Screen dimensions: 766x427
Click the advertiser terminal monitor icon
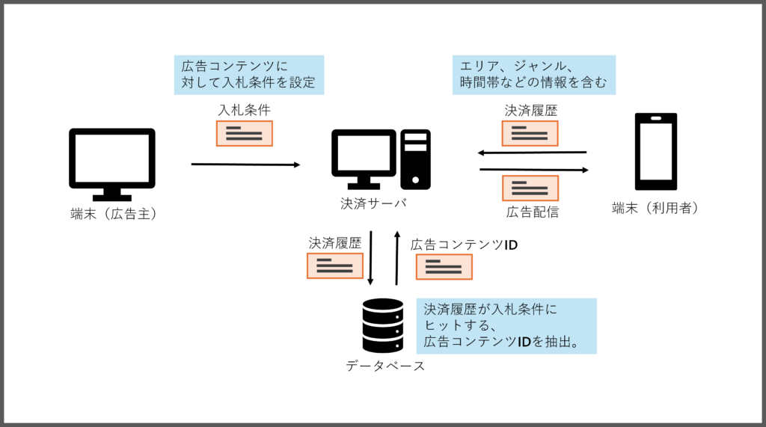click(x=112, y=165)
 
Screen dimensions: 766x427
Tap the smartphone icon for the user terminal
click(x=655, y=152)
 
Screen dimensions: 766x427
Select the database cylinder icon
click(x=383, y=325)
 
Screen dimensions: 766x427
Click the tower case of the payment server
click(x=415, y=159)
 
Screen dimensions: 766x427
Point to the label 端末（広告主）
click(x=114, y=214)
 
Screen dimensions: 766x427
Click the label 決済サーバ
click(x=374, y=203)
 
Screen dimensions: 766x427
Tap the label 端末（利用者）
click(x=655, y=208)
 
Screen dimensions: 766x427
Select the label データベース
click(x=385, y=366)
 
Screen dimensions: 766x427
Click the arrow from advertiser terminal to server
click(x=245, y=165)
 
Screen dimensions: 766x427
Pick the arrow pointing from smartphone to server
click(x=532, y=153)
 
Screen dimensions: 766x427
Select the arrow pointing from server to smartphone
click(x=534, y=170)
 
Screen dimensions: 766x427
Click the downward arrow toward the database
click(x=370, y=257)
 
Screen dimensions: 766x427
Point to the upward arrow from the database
click(x=396, y=257)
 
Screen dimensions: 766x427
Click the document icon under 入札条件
click(x=245, y=133)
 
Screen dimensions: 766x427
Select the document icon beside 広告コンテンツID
click(x=444, y=267)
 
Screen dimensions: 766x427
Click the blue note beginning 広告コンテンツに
click(x=249, y=75)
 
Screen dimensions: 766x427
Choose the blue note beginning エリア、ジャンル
click(x=534, y=75)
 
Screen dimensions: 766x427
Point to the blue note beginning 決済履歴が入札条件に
click(x=506, y=326)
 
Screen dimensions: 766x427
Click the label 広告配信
click(x=533, y=212)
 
